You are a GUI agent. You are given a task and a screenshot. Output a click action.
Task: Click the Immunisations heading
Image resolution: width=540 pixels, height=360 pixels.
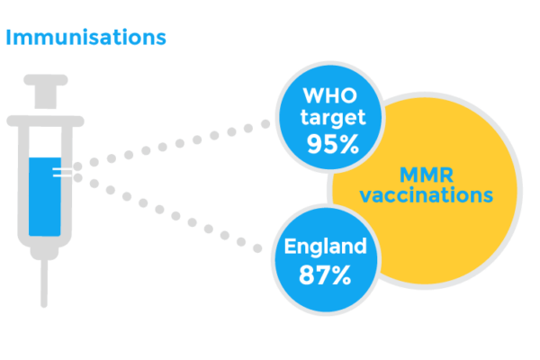click(86, 37)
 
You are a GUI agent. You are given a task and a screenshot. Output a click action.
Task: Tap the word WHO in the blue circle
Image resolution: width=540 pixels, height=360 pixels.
click(330, 95)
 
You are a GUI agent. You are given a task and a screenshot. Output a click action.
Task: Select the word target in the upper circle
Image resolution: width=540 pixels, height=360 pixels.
click(333, 118)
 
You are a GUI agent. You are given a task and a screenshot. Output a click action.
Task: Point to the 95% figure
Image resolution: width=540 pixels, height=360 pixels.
click(333, 144)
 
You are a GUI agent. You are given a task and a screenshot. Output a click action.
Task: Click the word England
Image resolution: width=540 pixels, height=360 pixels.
click(326, 247)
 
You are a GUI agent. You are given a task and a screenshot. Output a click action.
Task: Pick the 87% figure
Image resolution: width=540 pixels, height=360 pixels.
click(325, 274)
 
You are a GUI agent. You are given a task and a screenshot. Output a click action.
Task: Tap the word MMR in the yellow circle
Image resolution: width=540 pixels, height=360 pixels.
click(427, 175)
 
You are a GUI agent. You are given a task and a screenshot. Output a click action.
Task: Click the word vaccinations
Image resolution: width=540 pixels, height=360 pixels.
click(427, 195)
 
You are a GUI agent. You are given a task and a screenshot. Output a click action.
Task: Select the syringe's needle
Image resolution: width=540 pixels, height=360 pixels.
click(44, 283)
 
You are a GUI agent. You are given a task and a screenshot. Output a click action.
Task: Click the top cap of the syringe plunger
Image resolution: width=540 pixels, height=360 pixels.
click(46, 80)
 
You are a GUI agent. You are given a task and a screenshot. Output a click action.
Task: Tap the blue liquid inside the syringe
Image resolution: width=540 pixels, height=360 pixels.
click(45, 197)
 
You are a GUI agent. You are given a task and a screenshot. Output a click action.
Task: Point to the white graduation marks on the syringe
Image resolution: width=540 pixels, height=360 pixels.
click(62, 173)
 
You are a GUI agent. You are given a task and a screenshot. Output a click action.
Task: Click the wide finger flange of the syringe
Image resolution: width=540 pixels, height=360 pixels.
click(46, 121)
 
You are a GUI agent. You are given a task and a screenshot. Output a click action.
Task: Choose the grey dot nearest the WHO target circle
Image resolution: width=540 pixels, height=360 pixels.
click(265, 123)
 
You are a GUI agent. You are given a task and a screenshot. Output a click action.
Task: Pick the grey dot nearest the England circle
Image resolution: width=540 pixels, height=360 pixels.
click(257, 248)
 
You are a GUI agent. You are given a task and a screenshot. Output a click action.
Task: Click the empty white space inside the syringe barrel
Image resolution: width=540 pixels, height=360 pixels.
click(45, 142)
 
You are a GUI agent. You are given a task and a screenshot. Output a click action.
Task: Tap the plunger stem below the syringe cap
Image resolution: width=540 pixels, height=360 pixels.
click(46, 97)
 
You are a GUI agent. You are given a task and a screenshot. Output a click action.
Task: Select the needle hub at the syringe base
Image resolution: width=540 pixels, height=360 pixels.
click(44, 252)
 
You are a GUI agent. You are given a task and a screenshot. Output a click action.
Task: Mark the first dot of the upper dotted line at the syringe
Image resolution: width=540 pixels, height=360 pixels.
click(77, 166)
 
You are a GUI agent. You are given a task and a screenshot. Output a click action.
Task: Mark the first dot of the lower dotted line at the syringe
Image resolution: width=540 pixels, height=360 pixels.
click(77, 178)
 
